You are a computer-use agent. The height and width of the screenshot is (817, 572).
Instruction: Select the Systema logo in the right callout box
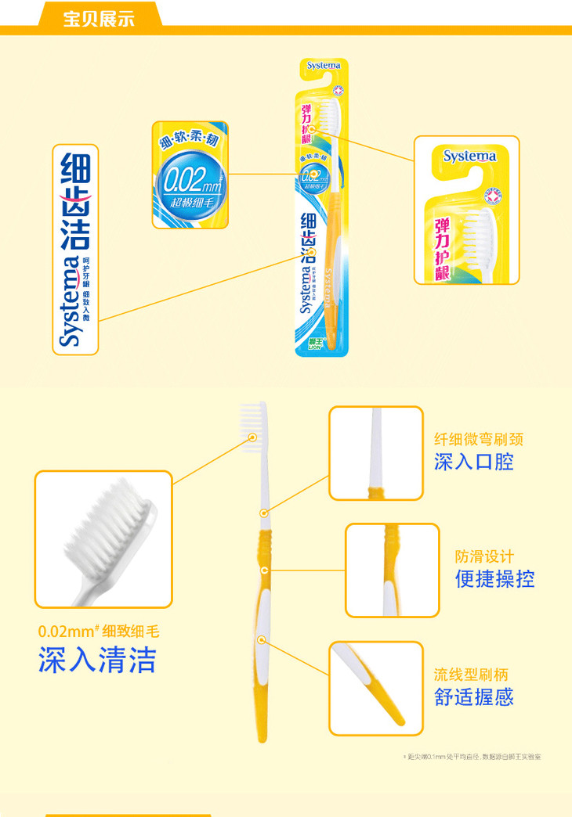pos(469,156)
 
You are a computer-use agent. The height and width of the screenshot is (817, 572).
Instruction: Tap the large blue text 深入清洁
pos(97,660)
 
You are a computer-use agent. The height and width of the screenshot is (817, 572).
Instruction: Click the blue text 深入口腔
pos(474,462)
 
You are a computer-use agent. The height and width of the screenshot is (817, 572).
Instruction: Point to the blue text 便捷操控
pos(495,579)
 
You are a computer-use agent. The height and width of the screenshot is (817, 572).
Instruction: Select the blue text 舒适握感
pos(474,697)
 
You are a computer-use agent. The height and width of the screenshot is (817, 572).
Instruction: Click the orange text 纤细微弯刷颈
pos(479,439)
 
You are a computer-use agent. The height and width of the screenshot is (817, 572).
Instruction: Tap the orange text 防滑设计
pos(485,556)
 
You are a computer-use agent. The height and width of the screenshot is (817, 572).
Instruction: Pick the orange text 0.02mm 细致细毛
pos(99,632)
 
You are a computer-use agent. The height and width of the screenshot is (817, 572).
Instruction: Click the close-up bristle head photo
pos(103,538)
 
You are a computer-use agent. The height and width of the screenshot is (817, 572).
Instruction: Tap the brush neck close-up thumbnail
pos(375,453)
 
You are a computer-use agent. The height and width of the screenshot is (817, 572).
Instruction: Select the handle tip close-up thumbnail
pos(375,689)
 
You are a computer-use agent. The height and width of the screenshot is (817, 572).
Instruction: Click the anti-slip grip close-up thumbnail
pos(392,570)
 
